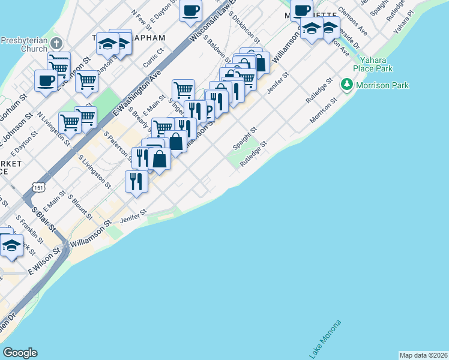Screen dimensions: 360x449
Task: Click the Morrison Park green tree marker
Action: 346,85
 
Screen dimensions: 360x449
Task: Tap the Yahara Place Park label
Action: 376,64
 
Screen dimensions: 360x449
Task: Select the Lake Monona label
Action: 325,340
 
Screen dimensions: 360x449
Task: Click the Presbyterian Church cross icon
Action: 56,43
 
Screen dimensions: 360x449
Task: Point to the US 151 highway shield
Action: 39,188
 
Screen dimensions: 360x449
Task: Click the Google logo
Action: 20,353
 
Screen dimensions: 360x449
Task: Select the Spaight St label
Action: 245,138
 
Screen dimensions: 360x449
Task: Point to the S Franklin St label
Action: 29,230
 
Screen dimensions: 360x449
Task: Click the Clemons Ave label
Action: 352,20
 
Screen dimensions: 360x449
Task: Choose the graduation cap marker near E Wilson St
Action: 12,245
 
